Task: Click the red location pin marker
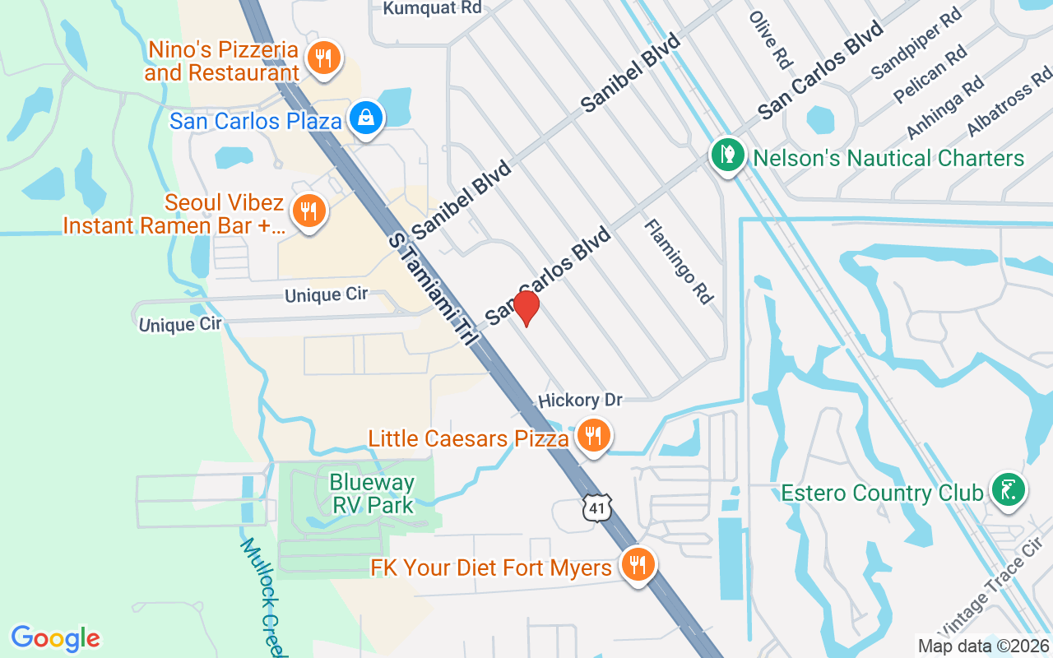[x=526, y=308]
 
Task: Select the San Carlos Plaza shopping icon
[x=364, y=118]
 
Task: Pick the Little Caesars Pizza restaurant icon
[x=591, y=435]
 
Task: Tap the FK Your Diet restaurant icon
[x=637, y=565]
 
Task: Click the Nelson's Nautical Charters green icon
[x=727, y=154]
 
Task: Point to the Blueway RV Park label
[x=372, y=493]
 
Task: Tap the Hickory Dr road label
[x=580, y=401]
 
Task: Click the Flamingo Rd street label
[x=679, y=261]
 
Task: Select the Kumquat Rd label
[x=432, y=8]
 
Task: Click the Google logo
[x=55, y=637]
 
